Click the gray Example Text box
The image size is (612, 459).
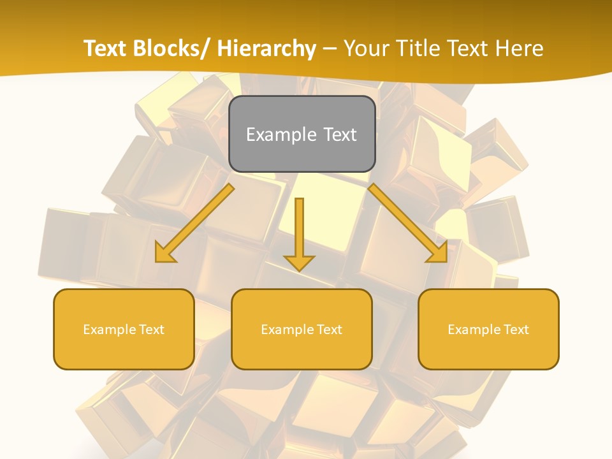click(302, 134)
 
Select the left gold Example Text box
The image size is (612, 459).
click(124, 329)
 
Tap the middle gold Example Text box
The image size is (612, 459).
click(302, 329)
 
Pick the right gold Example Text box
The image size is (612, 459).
click(488, 329)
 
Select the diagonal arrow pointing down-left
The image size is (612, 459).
click(195, 223)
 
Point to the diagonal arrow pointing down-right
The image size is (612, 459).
click(408, 223)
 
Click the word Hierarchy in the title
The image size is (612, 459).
click(266, 49)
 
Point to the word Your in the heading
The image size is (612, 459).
click(367, 49)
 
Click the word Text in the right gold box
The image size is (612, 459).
click(515, 330)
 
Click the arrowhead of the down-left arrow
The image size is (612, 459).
click(164, 254)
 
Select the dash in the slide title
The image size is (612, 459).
click(330, 50)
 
